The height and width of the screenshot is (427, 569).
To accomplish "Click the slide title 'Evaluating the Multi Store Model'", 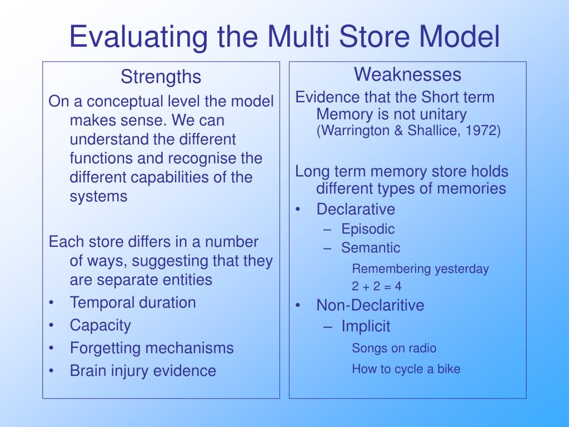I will [x=284, y=36].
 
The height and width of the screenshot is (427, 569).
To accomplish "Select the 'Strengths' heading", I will [x=161, y=77].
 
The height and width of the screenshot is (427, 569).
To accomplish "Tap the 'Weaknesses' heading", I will [x=408, y=74].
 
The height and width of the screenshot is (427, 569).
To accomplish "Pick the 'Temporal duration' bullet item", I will [x=133, y=303].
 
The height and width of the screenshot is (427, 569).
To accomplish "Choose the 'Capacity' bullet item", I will [x=101, y=325].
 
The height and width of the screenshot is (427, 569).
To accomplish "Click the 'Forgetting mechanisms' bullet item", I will [x=152, y=348].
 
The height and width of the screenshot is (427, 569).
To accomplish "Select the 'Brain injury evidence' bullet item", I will [x=143, y=371].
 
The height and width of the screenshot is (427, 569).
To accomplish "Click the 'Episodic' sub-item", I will [x=368, y=229].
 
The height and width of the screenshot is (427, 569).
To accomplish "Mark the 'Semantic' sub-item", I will [x=371, y=248].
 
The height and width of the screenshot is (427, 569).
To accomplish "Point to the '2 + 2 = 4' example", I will [x=377, y=287].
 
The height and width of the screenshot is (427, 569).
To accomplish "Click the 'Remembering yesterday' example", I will [x=421, y=269].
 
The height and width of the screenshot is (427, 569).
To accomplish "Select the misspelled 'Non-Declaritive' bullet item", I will [x=370, y=305].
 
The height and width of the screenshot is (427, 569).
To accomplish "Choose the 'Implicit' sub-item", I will [x=366, y=326].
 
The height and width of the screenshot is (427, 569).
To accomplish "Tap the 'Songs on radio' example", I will [x=394, y=349].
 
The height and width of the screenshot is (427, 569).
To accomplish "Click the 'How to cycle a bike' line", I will [x=406, y=369].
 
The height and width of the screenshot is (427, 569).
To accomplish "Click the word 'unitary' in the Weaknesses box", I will [x=440, y=115].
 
